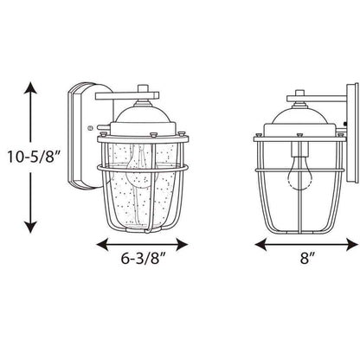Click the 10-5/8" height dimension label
pyautogui.click(x=34, y=157)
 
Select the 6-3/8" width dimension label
pyautogui.click(x=144, y=258)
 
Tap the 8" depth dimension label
pyautogui.click(x=306, y=258)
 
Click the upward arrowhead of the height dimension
pyautogui.click(x=30, y=87)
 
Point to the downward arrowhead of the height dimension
pyautogui.click(x=30, y=227)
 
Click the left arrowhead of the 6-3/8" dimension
pyautogui.click(x=102, y=245)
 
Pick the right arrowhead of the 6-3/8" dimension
pyautogui.click(x=183, y=245)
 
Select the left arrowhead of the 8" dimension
pyautogui.click(x=260, y=244)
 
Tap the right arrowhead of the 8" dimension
pyautogui.click(x=352, y=244)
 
